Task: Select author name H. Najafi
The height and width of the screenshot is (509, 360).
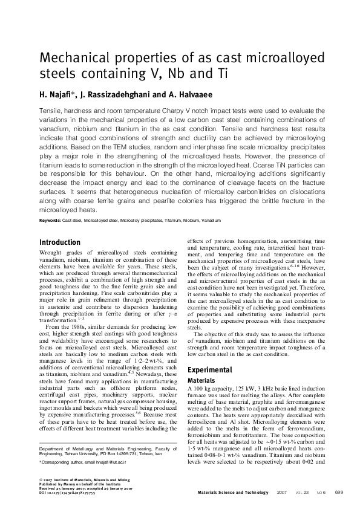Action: tap(58, 94)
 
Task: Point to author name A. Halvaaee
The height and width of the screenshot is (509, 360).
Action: tap(189, 94)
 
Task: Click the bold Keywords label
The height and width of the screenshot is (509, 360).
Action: tap(50, 221)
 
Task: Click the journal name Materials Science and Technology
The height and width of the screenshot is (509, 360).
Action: tap(233, 493)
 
